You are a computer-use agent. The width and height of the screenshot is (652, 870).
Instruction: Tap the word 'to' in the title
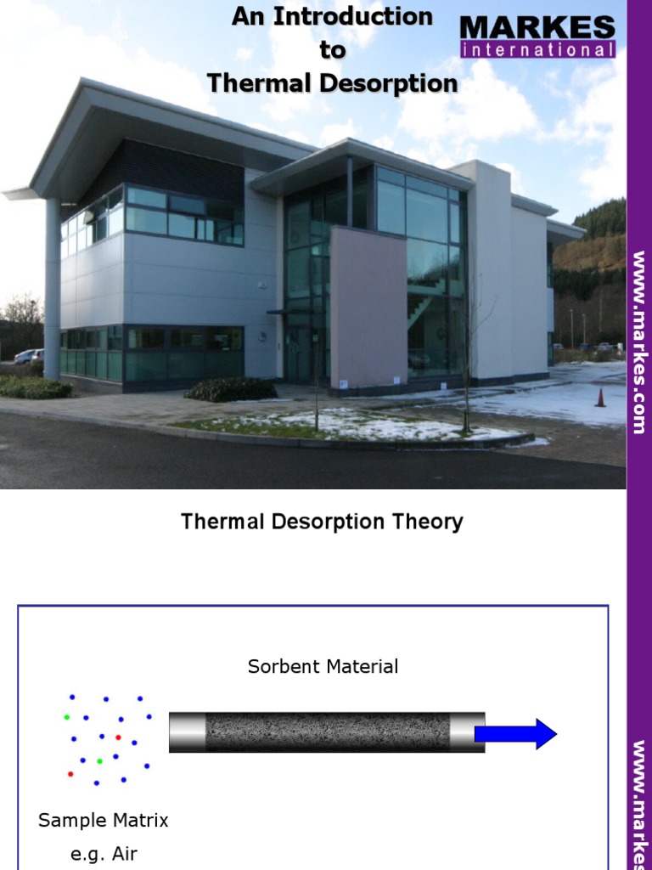pos(333,50)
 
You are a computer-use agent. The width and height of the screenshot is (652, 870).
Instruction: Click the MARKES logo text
pos(538,27)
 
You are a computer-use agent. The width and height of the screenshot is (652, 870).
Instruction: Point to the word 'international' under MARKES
pos(538,50)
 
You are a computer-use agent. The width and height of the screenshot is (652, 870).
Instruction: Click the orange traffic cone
pos(600,397)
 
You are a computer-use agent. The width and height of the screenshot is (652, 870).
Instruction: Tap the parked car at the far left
pos(25,357)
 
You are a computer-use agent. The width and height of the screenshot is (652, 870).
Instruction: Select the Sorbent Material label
pos(323,667)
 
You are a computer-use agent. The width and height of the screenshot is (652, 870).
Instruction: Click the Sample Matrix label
pos(104,821)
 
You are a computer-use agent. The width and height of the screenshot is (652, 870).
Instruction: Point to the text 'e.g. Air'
pos(104,854)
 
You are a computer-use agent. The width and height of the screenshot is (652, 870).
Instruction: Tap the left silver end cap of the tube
pos(187,732)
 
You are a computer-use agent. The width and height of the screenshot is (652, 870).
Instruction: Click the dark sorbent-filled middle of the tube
pos(327,732)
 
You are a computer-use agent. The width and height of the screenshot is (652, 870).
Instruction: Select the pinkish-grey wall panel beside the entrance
pos(368,306)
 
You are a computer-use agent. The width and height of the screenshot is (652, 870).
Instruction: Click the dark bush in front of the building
pos(231,389)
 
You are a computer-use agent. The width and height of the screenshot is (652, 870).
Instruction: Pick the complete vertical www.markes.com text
pos(639,342)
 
